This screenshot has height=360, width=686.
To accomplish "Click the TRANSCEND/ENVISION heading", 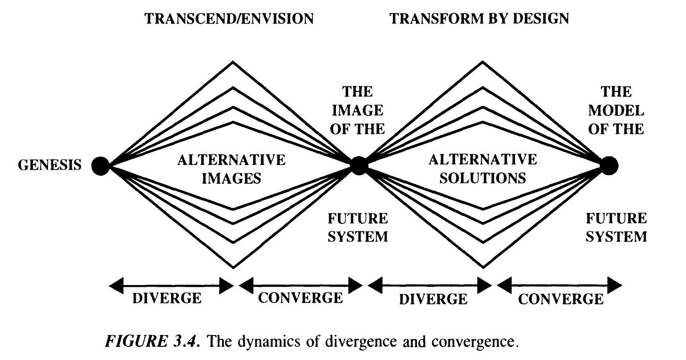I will tap(229, 19).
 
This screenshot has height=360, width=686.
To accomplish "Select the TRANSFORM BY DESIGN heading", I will tap(480, 19).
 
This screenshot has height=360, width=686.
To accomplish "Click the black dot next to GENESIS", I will tap(100, 165).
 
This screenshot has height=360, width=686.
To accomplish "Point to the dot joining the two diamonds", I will tap(359, 165).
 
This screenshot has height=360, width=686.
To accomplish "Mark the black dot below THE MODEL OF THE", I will tap(609, 165).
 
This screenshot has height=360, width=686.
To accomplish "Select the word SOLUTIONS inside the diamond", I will tap(483, 178).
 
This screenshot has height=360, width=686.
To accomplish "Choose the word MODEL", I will tap(616, 111).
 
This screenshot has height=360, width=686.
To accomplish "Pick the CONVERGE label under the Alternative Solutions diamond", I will tap(560, 299).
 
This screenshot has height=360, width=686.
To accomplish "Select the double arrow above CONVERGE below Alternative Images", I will tap(301, 284).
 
